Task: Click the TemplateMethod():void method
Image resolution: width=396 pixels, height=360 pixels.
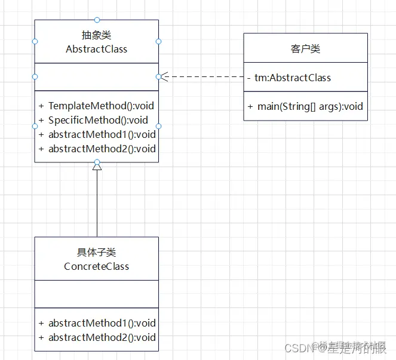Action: coord(101,106)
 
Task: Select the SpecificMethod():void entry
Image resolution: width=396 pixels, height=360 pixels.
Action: coord(98,120)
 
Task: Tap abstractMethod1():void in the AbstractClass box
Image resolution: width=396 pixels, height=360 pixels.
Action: coord(102,134)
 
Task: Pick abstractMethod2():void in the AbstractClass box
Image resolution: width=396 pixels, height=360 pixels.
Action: coord(102,149)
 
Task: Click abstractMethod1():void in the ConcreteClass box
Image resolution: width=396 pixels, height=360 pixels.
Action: coord(102,323)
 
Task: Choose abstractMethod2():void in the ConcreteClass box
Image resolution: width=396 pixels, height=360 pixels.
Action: coord(102,337)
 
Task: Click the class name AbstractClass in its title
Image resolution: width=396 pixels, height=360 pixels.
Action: coord(96,49)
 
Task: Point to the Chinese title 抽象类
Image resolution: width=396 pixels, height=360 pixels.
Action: coord(96,35)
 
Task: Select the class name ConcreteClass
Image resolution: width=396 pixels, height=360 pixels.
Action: coord(96,266)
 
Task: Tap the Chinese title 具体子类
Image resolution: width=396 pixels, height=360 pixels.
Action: coord(96,253)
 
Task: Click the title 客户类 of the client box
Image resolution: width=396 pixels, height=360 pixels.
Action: coord(305,49)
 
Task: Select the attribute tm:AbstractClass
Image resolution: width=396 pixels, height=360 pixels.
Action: coord(292,78)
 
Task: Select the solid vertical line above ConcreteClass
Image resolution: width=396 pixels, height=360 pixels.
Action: coord(97,203)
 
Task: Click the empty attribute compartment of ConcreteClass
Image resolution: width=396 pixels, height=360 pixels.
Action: coord(96,294)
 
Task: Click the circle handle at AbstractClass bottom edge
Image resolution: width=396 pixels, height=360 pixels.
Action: coord(97,162)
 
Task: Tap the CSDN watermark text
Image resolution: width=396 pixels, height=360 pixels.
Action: coord(299,347)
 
